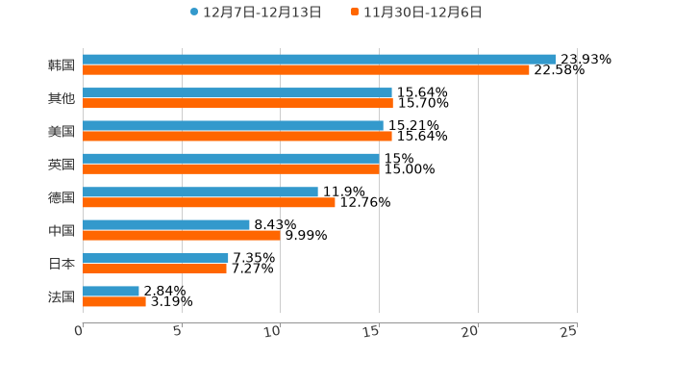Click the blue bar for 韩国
pyautogui.click(x=318, y=60)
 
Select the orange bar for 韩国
pyautogui.click(x=306, y=70)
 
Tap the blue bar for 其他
pyautogui.click(x=237, y=93)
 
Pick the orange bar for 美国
pyautogui.click(x=237, y=136)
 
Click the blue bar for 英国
pyautogui.click(x=231, y=159)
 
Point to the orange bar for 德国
pyautogui.click(x=209, y=202)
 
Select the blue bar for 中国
pyautogui.click(x=165, y=225)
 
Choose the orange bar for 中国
pyautogui.click(x=181, y=235)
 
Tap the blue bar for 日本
pyautogui.click(x=155, y=258)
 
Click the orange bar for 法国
pyautogui.click(x=113, y=301)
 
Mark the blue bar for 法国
pyautogui.click(x=111, y=291)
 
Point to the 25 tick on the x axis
pyautogui.click(x=569, y=331)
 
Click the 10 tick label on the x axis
pyautogui.click(x=274, y=331)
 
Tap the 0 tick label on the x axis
pyautogui.click(x=79, y=331)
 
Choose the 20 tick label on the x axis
pyautogui.click(x=470, y=331)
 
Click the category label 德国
pyautogui.click(x=62, y=197)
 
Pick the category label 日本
pyautogui.click(x=62, y=264)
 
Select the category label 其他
pyautogui.click(x=62, y=98)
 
